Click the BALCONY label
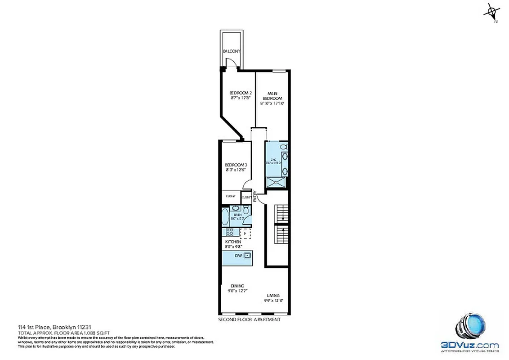232,51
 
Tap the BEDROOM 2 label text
237,93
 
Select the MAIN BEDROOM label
272,95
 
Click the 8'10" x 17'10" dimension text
272,103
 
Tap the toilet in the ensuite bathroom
283,148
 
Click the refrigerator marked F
246,233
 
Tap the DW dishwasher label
238,256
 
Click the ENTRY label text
255,197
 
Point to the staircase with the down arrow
281,212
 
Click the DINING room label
237,286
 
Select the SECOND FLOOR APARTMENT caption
249,319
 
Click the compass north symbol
491,12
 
